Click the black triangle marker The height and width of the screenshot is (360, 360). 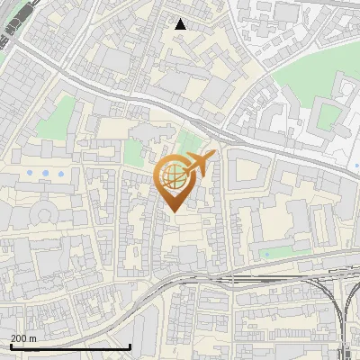point(181,24)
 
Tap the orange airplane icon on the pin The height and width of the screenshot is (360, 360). point(199,165)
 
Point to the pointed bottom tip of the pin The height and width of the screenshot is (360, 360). point(174,211)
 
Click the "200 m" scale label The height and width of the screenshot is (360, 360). point(23,338)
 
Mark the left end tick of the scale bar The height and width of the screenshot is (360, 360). point(11,346)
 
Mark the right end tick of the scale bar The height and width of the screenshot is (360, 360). point(130,346)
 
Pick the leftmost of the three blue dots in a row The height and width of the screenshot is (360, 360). point(31,173)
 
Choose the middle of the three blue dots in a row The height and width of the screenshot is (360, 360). point(46,173)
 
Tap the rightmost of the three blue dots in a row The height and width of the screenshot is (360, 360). point(60,173)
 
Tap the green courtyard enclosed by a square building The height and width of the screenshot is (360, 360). point(329,116)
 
